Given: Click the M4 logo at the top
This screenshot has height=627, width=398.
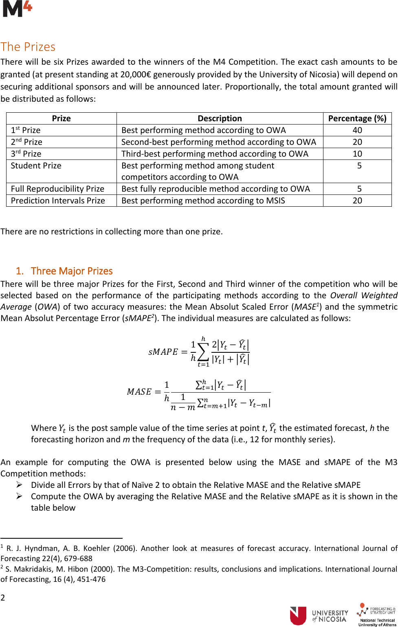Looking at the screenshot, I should click(x=17, y=9).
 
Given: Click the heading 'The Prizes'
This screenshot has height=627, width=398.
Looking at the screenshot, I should click(x=28, y=47).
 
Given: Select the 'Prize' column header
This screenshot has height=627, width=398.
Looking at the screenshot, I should click(x=61, y=118).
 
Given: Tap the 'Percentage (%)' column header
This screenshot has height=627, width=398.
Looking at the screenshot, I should click(x=357, y=118).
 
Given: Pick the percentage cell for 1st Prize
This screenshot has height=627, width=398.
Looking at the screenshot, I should click(x=357, y=130).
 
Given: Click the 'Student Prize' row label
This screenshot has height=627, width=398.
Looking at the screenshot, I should click(x=36, y=166).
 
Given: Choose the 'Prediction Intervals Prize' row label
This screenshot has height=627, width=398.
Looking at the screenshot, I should click(x=58, y=201).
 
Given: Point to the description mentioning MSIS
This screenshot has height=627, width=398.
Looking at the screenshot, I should click(x=203, y=201).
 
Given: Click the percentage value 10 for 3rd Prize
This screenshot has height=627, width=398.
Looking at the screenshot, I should click(x=357, y=154).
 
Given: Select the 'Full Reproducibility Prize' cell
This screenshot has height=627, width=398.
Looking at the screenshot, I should click(x=57, y=189).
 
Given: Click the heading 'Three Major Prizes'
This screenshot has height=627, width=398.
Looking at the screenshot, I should click(x=71, y=271).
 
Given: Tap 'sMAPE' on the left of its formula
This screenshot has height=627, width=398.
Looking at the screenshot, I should click(x=163, y=352).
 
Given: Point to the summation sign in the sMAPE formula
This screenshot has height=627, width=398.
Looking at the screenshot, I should click(x=203, y=352).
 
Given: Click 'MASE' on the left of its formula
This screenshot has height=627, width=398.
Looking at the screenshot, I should click(x=139, y=391).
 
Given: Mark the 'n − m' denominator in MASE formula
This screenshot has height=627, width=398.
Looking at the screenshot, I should click(x=183, y=407).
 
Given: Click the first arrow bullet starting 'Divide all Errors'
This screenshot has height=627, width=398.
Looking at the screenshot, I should click(x=19, y=485).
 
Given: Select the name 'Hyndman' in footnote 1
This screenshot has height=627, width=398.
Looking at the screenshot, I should click(x=42, y=548).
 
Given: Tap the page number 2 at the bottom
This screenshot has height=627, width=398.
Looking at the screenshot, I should click(x=3, y=597).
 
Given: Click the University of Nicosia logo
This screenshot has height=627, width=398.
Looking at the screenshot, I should click(x=319, y=616).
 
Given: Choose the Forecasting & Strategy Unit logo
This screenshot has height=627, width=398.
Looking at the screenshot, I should click(x=377, y=614).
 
